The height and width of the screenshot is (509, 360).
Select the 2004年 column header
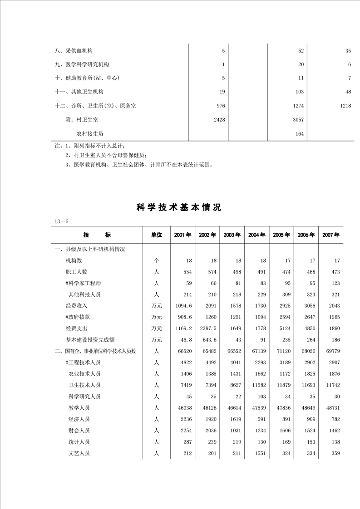[257, 235]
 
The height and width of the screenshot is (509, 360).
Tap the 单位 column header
[156, 235]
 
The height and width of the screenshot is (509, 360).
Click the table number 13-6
[61, 221]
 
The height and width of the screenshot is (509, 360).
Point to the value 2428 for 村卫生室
[219, 120]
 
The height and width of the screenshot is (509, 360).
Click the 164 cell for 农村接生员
[299, 134]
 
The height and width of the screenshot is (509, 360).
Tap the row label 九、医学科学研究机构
[82, 64]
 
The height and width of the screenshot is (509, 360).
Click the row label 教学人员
[79, 408]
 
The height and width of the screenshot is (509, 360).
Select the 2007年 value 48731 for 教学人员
[331, 408]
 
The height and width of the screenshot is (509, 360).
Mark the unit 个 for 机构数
[156, 260]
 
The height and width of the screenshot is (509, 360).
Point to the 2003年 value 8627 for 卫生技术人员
[232, 385]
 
